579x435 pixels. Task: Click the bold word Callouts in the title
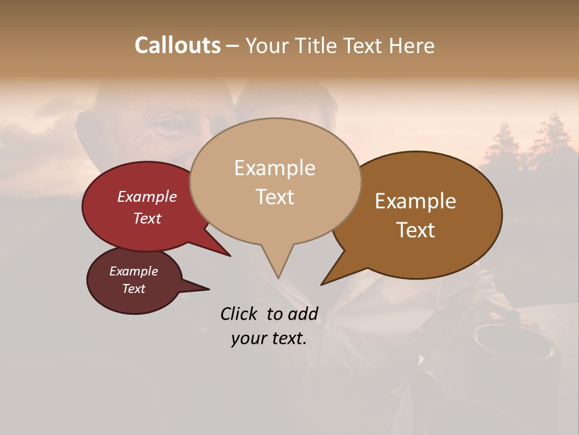point(177,45)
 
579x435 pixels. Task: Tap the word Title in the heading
point(318,45)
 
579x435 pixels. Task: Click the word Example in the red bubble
point(147,197)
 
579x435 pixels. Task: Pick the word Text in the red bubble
point(147,218)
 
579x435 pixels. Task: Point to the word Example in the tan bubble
point(274,168)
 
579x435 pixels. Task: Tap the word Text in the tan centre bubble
point(274,197)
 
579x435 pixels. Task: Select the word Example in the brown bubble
point(416,201)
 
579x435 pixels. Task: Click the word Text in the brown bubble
point(416,230)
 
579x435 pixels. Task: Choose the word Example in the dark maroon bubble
point(133,271)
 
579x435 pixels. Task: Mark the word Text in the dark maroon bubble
point(133,289)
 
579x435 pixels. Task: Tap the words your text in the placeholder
point(269,338)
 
